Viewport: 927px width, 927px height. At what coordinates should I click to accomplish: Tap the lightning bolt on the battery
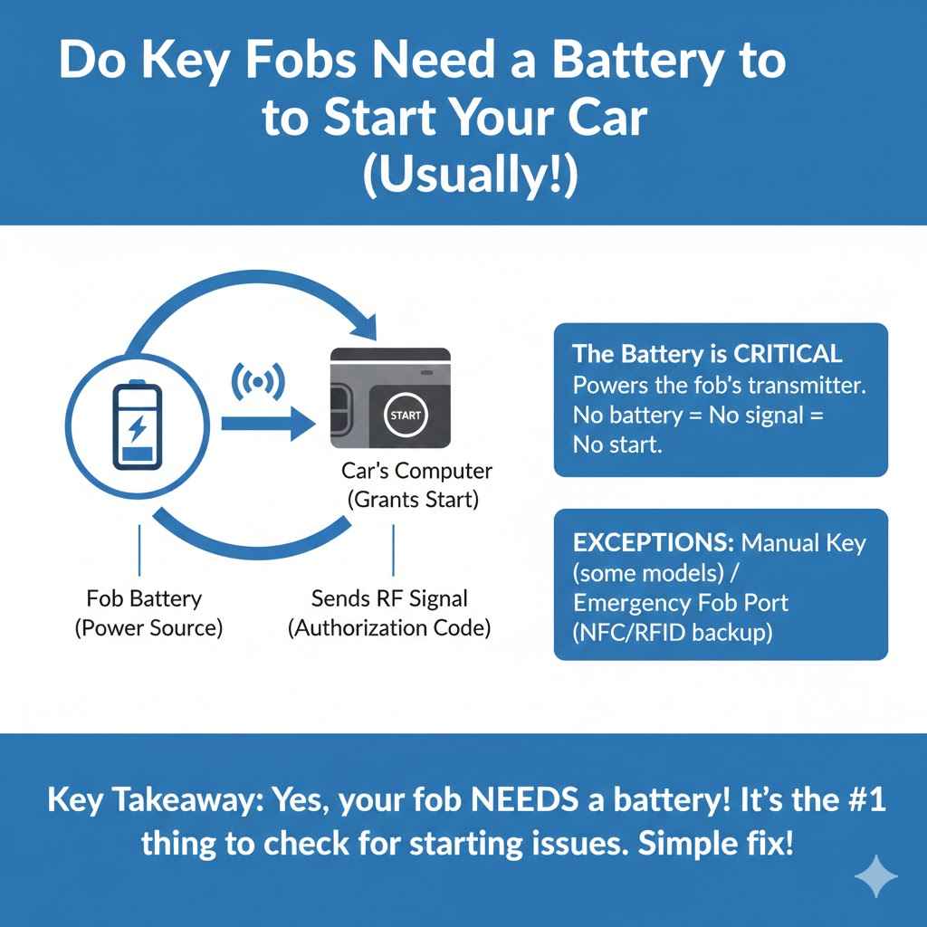point(137,426)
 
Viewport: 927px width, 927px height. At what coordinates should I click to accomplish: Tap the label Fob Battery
point(145,597)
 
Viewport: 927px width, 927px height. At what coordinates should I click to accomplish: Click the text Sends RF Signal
point(389,597)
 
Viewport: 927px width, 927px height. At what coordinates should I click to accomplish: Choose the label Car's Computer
point(417,471)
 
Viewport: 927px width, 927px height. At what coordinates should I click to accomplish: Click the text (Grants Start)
point(417,499)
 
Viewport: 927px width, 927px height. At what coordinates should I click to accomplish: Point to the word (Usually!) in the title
point(468,176)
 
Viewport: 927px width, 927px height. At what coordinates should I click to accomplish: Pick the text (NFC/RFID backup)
point(673,632)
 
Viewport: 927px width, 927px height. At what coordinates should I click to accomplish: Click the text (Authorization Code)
point(389,627)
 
